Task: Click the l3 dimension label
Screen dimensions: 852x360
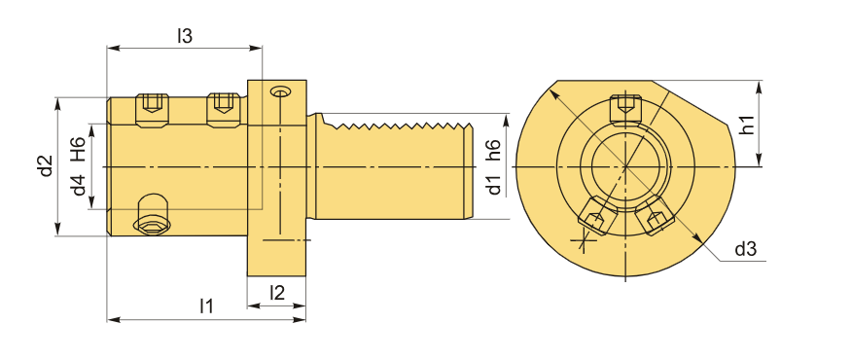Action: point(185,36)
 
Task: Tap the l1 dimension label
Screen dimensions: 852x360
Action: point(205,306)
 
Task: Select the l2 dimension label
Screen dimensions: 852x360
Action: point(277,293)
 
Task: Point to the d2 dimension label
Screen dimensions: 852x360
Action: point(46,165)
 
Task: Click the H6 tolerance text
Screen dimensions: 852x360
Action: point(78,150)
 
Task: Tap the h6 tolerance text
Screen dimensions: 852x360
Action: point(492,150)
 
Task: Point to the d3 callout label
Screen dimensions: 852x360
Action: point(745,250)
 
